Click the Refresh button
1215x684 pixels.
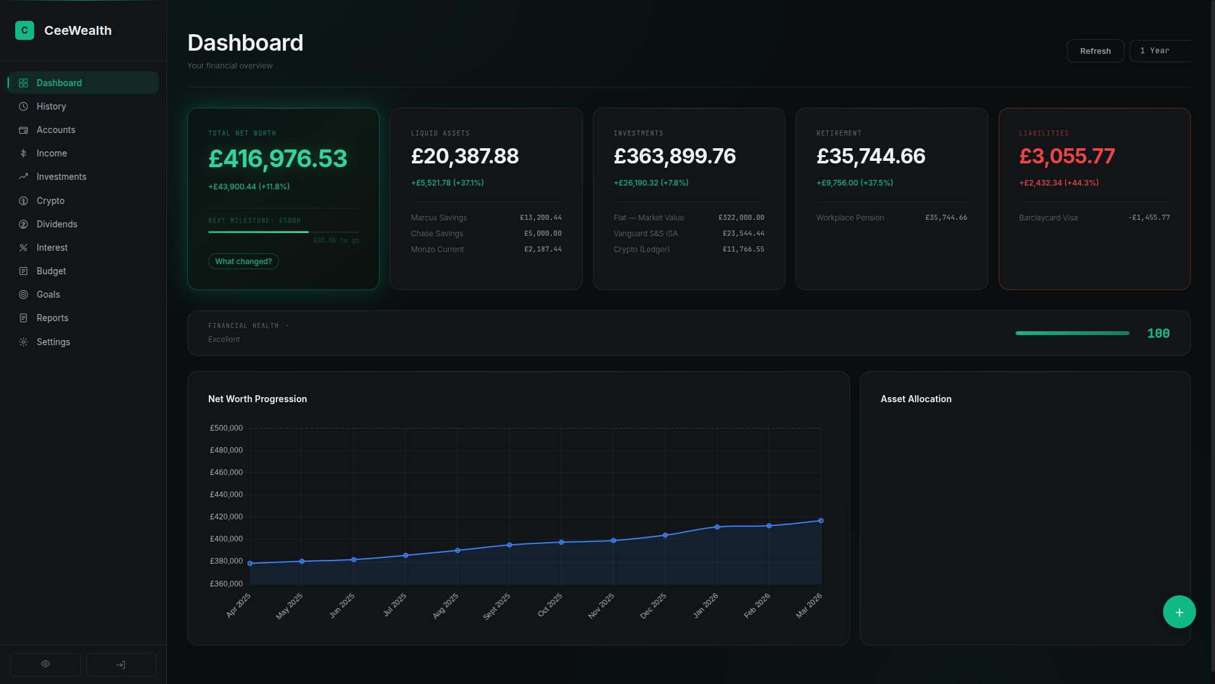pyautogui.click(x=1095, y=51)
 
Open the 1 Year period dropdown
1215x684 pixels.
pyautogui.click(x=1159, y=51)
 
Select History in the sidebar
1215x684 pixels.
pyautogui.click(x=51, y=106)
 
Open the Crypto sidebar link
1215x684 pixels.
pyautogui.click(x=51, y=201)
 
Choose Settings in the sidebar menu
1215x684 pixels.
pyautogui.click(x=53, y=342)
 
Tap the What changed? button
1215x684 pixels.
pyautogui.click(x=243, y=262)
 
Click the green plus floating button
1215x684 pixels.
pyautogui.click(x=1179, y=612)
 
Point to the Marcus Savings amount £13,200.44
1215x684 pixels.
pyautogui.click(x=540, y=217)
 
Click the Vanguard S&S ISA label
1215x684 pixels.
pyautogui.click(x=645, y=234)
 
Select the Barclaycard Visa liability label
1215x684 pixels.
pyautogui.click(x=1048, y=218)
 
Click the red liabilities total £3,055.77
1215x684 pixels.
pyautogui.click(x=1067, y=156)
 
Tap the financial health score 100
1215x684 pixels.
pyautogui.click(x=1158, y=334)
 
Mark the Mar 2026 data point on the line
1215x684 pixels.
pyautogui.click(x=821, y=521)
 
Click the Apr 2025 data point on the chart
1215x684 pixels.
pyautogui.click(x=250, y=563)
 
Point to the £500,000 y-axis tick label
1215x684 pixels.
pyautogui.click(x=226, y=428)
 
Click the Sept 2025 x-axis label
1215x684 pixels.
pyautogui.click(x=497, y=606)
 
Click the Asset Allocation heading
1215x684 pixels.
pyautogui.click(x=916, y=399)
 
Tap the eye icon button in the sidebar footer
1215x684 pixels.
pyautogui.click(x=46, y=664)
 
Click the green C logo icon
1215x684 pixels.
pyautogui.click(x=25, y=30)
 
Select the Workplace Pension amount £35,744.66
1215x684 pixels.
pyautogui.click(x=945, y=217)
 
